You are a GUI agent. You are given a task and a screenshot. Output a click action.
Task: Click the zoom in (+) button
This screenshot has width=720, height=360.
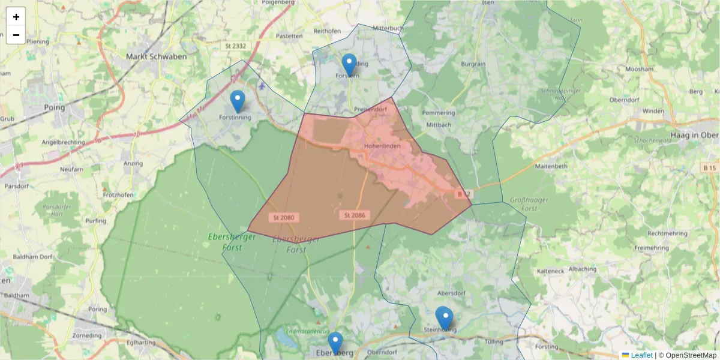pos(16,17)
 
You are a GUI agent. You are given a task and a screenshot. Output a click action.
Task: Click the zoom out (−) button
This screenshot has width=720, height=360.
pos(16,35)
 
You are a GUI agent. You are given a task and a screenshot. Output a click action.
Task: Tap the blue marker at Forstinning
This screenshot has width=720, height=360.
pos(238,101)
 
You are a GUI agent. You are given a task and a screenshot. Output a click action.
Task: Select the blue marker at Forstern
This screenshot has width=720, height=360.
pos(349,65)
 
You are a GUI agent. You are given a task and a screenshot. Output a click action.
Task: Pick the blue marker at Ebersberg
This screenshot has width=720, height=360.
pos(335,343)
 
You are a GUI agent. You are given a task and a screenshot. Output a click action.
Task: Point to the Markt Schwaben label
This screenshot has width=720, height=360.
pos(156,56)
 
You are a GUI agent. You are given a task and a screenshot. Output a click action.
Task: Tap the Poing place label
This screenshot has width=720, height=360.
pos(55,107)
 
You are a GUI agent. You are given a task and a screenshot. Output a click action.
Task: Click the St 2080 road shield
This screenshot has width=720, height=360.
pos(283,217)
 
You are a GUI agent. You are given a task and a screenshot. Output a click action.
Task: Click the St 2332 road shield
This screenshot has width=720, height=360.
pos(236,46)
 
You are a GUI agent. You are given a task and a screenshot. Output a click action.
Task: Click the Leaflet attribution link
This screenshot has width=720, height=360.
pos(641,355)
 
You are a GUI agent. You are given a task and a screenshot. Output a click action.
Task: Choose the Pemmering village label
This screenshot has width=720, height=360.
pos(439,113)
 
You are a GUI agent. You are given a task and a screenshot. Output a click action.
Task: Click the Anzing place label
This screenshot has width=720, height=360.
pos(132,163)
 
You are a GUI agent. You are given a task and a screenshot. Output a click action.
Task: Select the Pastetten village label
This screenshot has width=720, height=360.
pos(290,36)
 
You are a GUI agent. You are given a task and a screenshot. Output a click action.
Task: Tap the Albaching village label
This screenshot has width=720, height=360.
pos(582,269)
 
